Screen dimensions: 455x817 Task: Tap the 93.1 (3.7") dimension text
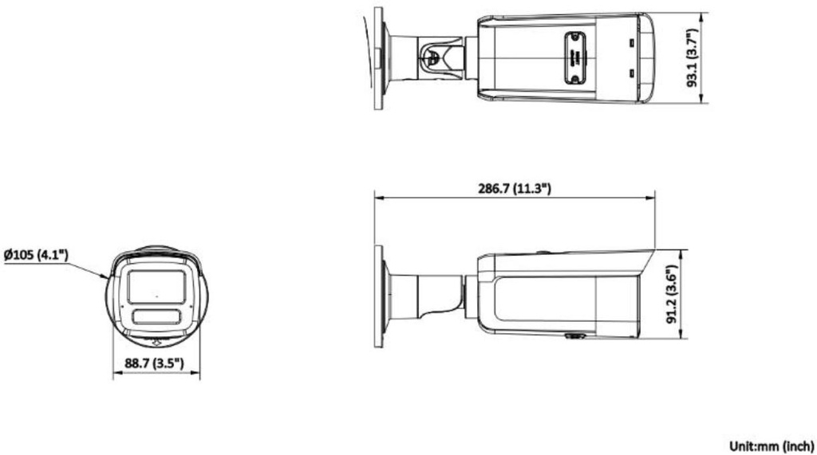693,58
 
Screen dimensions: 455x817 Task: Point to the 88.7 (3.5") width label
155,363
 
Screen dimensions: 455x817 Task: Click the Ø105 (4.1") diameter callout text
37,255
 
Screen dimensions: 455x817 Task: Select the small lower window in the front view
156,316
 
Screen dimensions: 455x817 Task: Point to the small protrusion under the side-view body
571,336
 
